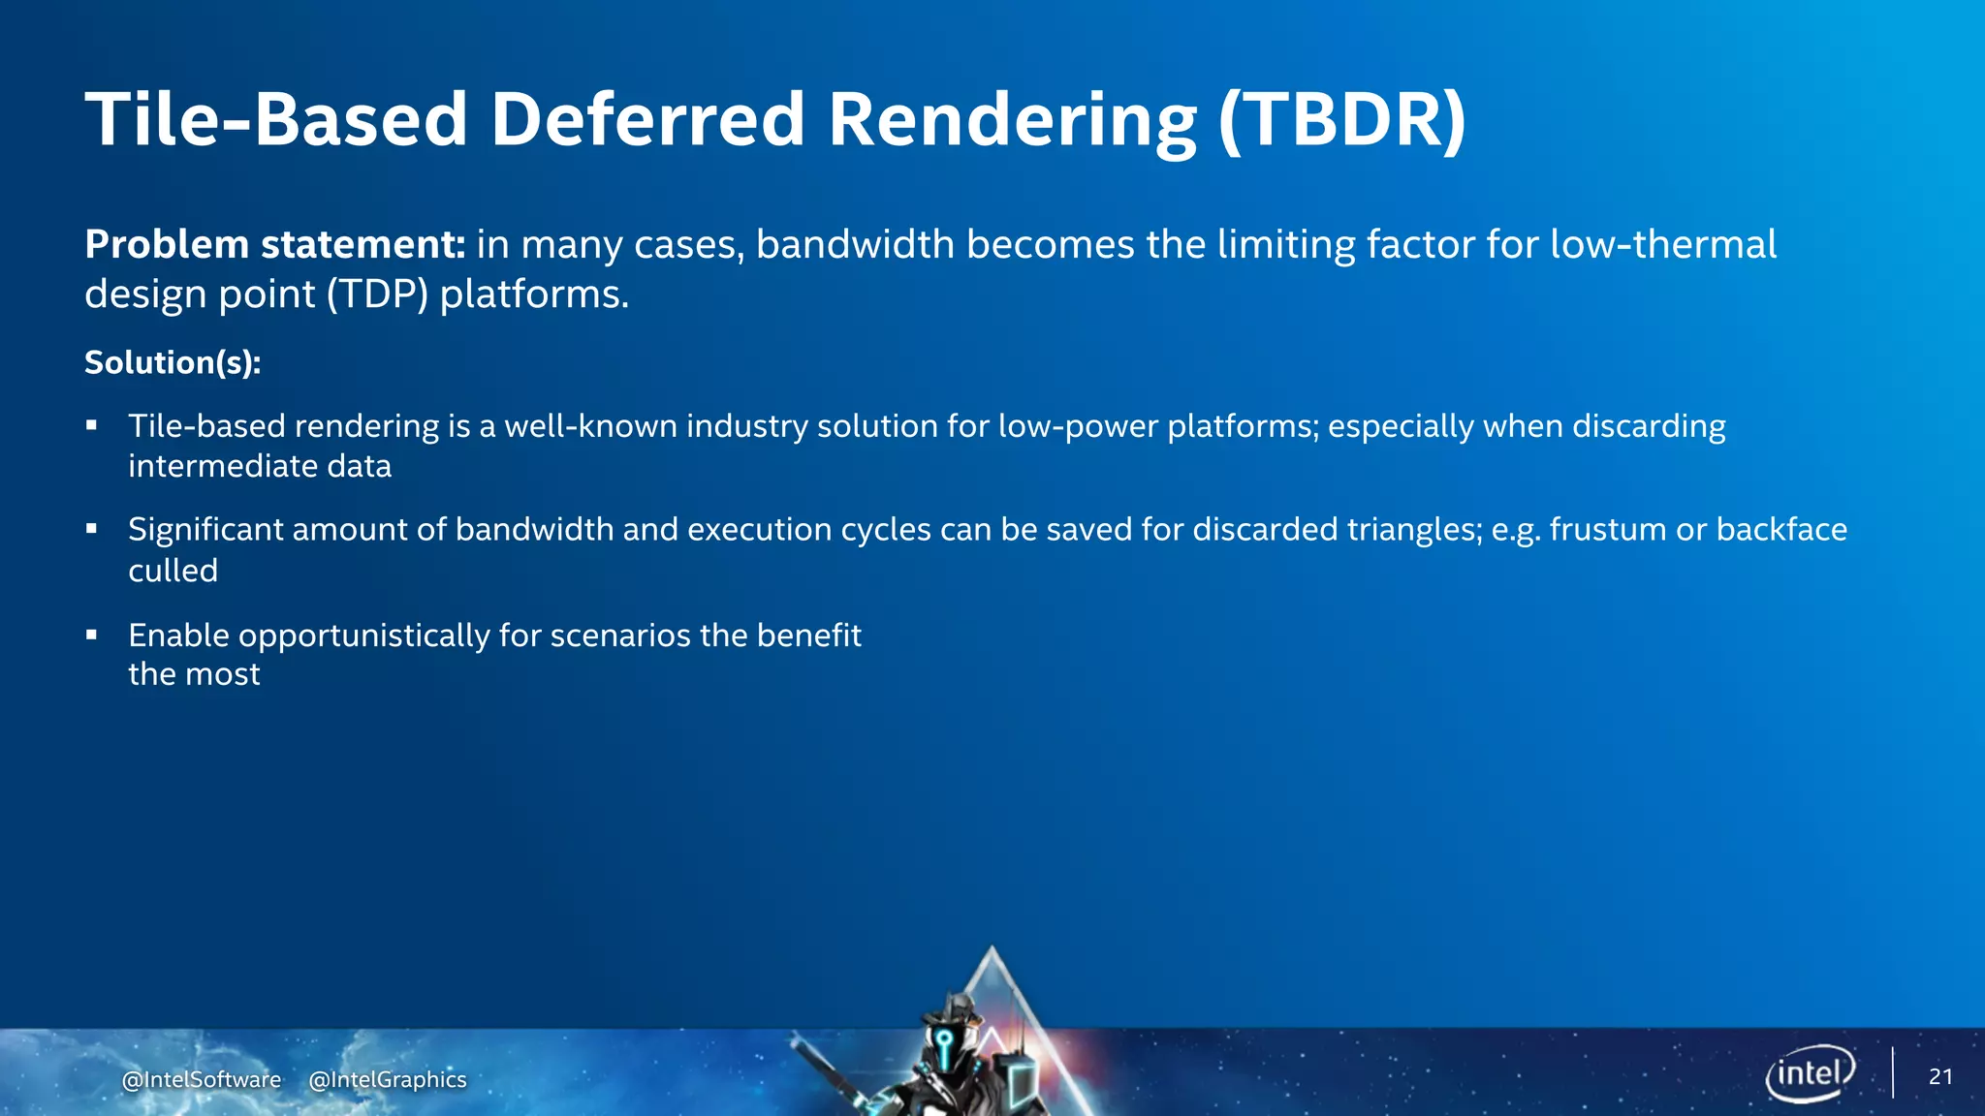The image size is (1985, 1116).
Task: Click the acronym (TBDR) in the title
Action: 1342,120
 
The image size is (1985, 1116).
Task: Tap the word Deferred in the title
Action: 647,120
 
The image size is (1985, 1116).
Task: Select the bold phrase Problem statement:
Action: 275,244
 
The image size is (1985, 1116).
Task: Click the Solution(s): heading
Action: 173,362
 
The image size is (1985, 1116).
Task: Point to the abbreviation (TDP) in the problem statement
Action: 377,294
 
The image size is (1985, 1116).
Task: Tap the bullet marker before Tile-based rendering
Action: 92,425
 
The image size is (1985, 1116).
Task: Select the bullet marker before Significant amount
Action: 92,529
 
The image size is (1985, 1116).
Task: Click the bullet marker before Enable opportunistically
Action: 92,635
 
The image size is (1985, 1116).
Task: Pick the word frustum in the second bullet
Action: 1607,530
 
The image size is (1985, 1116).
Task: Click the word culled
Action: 173,571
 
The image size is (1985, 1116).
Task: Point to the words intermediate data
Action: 260,466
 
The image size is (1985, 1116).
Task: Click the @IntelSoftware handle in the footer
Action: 202,1079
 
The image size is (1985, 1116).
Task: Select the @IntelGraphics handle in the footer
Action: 388,1079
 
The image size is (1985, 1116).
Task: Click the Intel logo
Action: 1810,1073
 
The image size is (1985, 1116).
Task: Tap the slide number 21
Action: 1940,1076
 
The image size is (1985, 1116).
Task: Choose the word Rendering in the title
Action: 1013,120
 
